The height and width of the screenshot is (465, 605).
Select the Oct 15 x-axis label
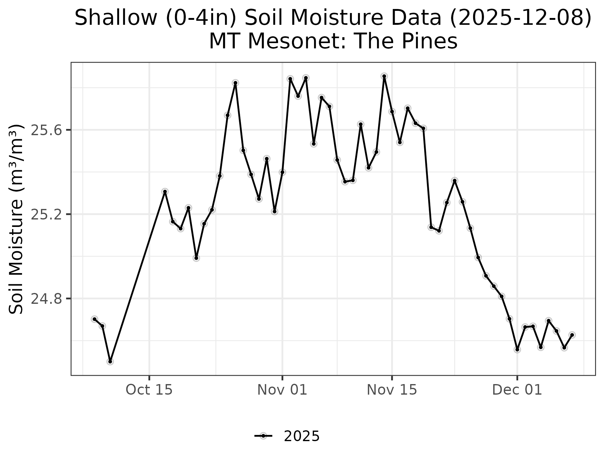149,390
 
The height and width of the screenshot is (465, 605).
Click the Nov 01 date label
282,390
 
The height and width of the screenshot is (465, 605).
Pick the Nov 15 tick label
392,390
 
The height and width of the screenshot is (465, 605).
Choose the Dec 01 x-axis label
517,390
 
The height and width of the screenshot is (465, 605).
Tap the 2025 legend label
302,436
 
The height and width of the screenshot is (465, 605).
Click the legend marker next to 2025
263,436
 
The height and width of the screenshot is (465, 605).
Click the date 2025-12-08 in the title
521,18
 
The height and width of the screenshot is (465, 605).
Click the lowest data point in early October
110,361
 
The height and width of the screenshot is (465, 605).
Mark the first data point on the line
95,319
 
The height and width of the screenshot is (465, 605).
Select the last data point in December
572,335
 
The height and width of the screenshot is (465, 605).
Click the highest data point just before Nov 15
384,76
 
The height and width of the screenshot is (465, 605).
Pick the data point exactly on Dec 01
517,349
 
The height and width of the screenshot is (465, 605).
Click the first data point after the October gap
165,192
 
